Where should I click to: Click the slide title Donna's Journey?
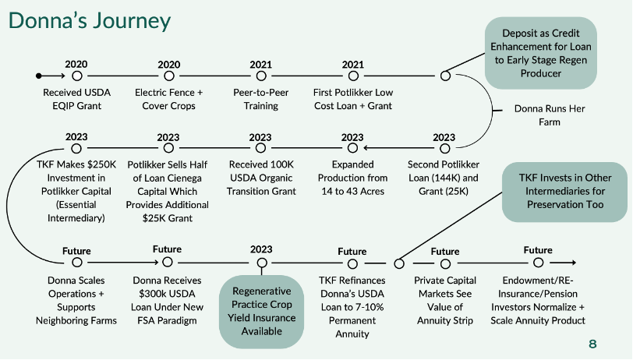click(x=90, y=20)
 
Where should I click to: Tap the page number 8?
click(x=592, y=344)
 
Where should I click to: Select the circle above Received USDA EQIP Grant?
click(x=77, y=76)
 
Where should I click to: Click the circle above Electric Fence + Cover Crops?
click(x=169, y=76)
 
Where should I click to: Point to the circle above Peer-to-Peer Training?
click(x=261, y=76)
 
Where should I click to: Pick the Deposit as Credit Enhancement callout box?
click(x=541, y=53)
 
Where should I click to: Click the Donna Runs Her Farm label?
click(x=550, y=115)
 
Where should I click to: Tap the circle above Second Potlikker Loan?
click(x=445, y=149)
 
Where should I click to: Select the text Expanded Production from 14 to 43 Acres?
click(x=353, y=178)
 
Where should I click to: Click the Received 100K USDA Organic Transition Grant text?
click(x=261, y=178)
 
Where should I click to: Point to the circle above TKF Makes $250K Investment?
click(x=76, y=149)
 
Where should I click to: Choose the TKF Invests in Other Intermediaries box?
click(x=564, y=192)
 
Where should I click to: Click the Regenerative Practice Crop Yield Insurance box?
click(x=262, y=311)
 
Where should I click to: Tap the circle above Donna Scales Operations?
click(x=77, y=263)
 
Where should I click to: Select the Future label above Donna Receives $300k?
click(x=167, y=249)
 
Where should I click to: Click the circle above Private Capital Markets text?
click(x=445, y=264)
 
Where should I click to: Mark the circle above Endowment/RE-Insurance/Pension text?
click(x=538, y=263)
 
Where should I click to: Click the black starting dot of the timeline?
click(x=39, y=76)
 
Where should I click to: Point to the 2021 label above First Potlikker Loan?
click(x=353, y=65)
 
